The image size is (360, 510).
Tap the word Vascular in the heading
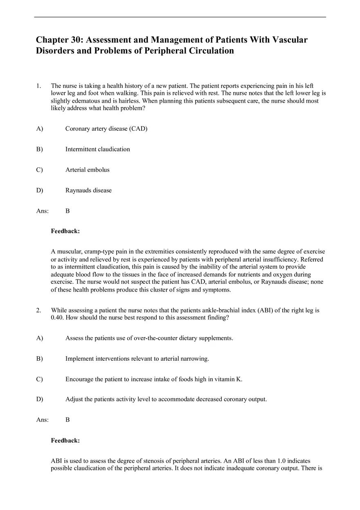click(x=289, y=40)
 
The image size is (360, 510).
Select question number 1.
click(x=38, y=86)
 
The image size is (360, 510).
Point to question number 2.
click(x=38, y=310)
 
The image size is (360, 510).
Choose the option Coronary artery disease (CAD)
click(x=106, y=128)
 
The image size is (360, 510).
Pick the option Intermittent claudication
click(x=97, y=149)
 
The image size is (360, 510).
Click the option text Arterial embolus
click(x=87, y=170)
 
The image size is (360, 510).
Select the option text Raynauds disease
click(x=88, y=190)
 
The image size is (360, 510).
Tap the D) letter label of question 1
click(x=39, y=190)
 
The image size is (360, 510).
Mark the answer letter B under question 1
click(x=67, y=211)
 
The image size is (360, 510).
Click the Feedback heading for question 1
click(x=65, y=231)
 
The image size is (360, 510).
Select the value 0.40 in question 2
click(x=57, y=318)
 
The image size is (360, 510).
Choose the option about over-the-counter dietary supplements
click(x=149, y=338)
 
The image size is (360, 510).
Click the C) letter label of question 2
click(x=39, y=379)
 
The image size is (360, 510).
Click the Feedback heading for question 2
click(x=65, y=440)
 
